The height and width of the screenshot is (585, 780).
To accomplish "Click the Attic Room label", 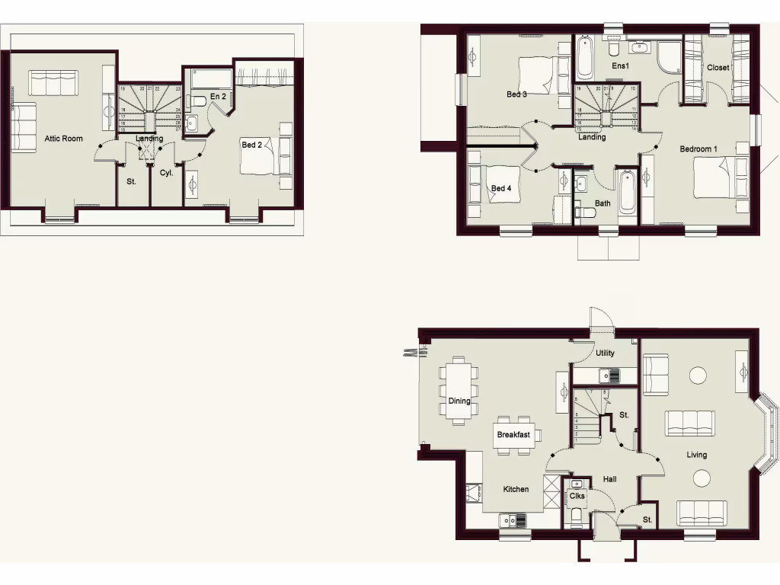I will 63,139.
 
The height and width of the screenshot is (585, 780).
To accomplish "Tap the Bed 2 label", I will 252,145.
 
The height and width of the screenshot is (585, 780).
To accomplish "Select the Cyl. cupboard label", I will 166,173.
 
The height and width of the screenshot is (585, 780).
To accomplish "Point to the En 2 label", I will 218,97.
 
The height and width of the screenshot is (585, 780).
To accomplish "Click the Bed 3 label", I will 516,94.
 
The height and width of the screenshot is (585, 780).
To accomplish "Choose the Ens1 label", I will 621,66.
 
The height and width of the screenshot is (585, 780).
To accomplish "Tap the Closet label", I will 718,68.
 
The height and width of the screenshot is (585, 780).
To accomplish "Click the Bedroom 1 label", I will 698,149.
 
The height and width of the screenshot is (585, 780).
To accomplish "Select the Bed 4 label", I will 500,189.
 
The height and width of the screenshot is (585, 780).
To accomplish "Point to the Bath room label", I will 603,203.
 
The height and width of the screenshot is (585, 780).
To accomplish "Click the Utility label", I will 606,353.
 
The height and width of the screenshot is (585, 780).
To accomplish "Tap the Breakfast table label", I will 513,435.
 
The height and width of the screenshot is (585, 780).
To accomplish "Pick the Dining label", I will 459,401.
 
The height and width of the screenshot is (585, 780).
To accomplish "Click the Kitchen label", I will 516,489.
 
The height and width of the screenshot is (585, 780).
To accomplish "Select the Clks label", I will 577,496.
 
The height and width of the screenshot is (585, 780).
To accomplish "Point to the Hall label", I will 609,480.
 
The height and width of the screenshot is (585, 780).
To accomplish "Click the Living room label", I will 696,455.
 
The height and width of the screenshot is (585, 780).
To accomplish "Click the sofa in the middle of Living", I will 690,422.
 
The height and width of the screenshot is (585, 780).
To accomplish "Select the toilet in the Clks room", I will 577,518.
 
